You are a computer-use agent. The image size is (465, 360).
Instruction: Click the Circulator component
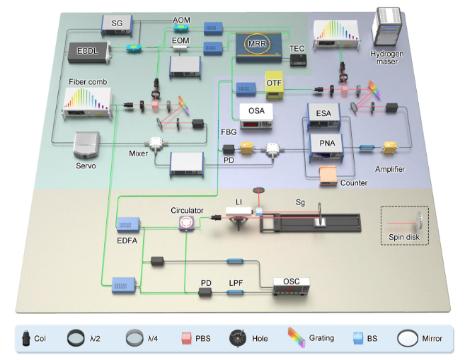tap(186, 222)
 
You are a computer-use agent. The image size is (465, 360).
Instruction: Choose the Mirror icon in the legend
tap(409, 337)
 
